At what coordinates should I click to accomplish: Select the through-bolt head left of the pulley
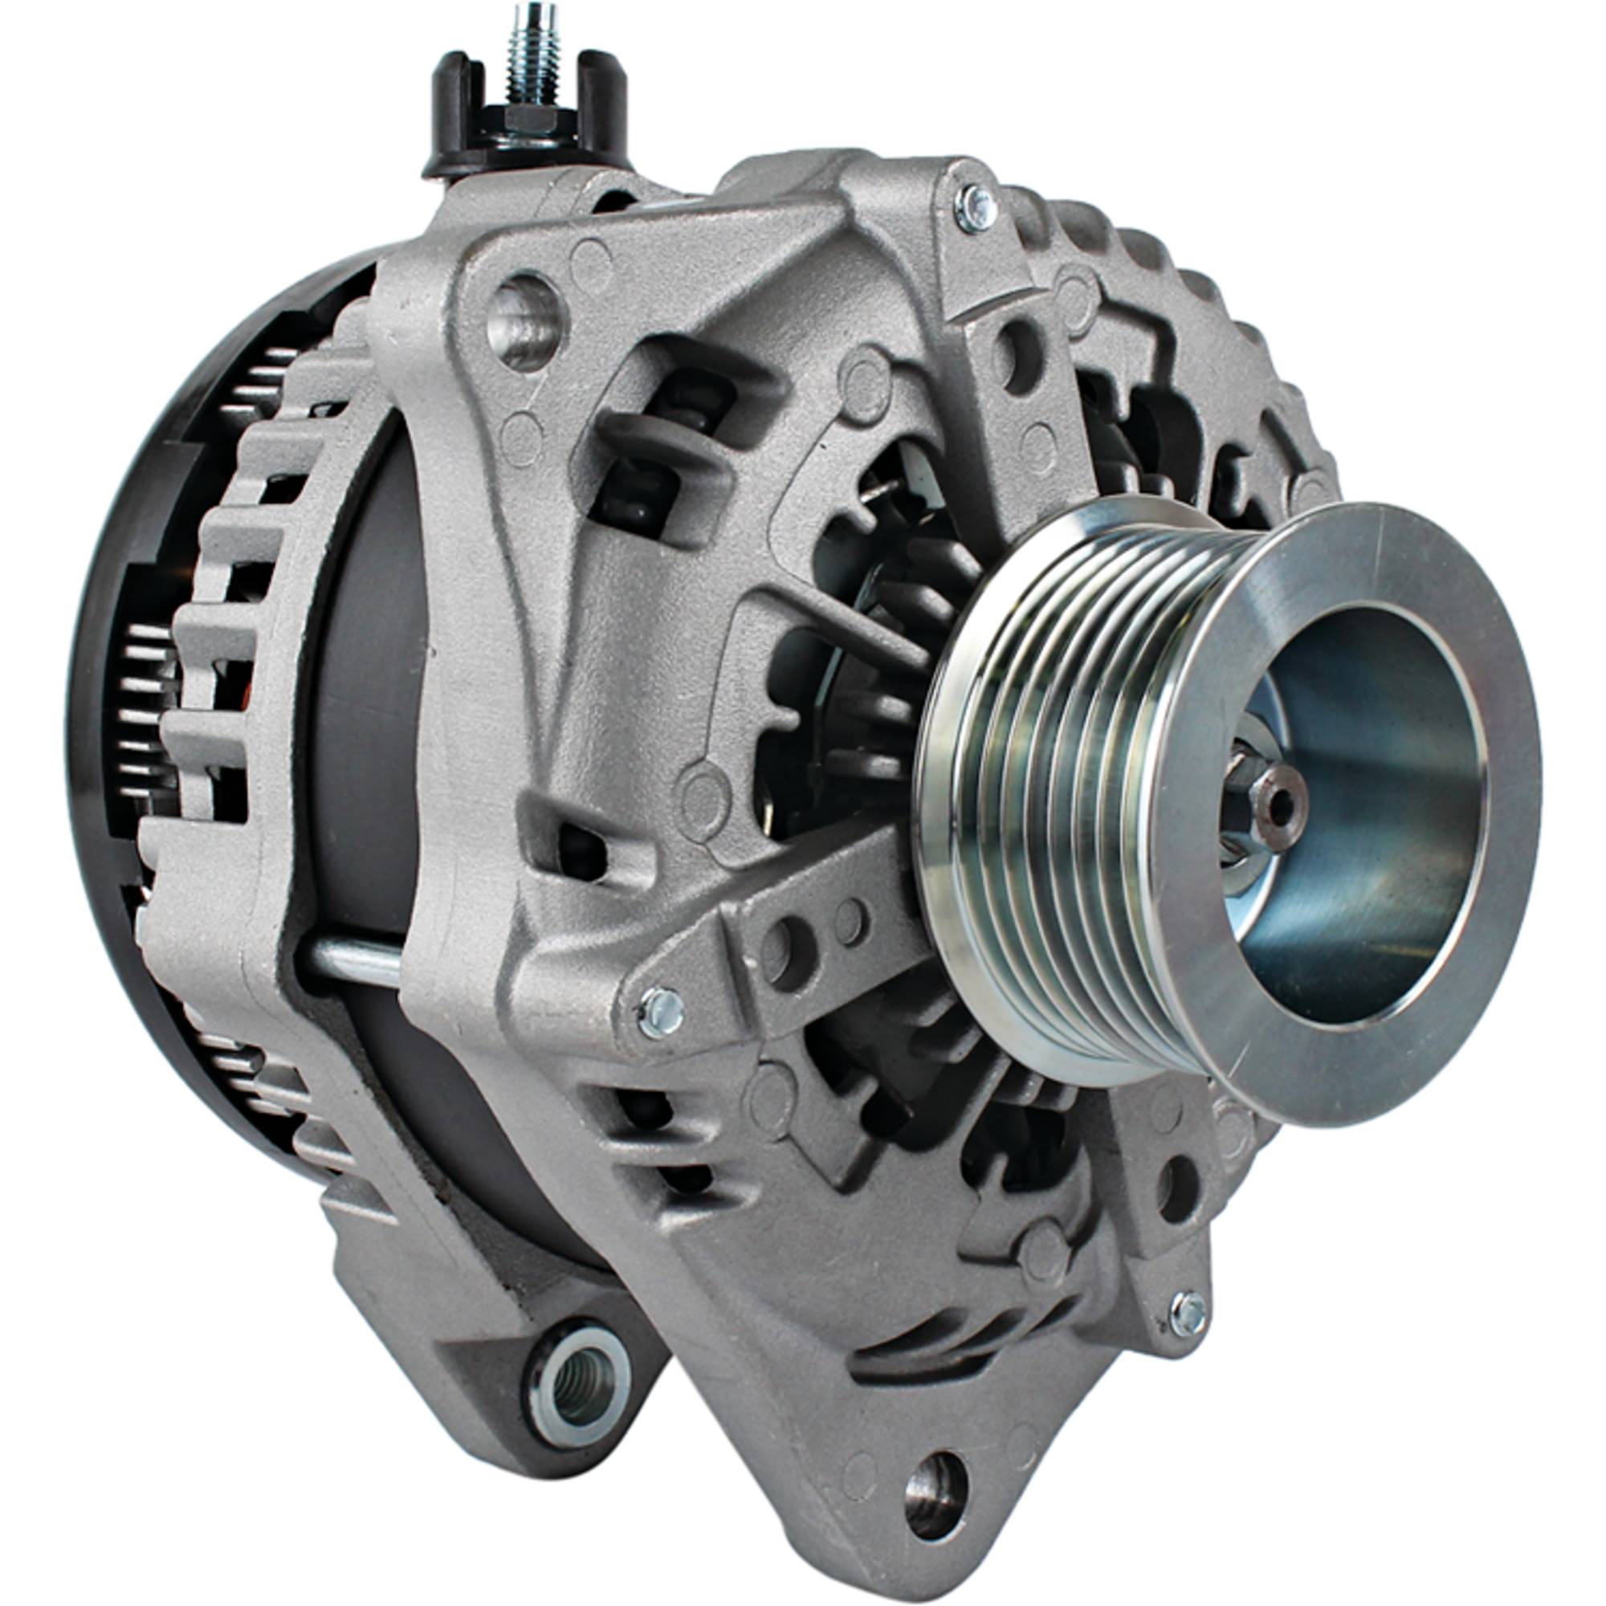[662, 1011]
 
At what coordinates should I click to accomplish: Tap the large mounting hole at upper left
[524, 320]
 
